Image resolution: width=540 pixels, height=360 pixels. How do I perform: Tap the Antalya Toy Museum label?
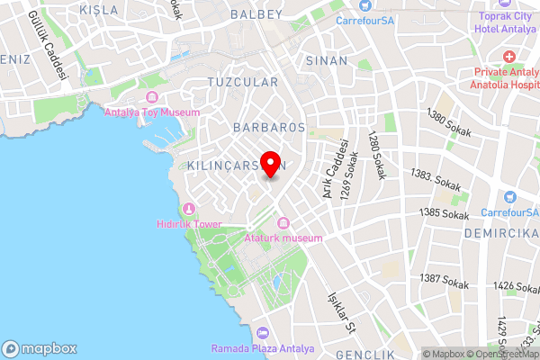click(152, 112)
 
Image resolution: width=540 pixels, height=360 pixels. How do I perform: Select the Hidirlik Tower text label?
click(189, 224)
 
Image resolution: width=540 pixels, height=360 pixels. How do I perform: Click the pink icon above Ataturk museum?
click(283, 223)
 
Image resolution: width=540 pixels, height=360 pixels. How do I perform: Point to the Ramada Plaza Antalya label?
click(263, 348)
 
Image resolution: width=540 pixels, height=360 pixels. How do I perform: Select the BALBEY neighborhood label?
click(256, 15)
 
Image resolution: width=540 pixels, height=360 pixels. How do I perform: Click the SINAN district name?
click(327, 61)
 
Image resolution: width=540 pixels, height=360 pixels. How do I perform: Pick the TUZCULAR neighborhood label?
click(243, 82)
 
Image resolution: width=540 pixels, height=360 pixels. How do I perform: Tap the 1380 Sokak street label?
click(450, 117)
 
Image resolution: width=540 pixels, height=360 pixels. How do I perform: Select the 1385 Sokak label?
click(445, 214)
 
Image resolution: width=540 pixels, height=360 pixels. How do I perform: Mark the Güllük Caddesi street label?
click(49, 45)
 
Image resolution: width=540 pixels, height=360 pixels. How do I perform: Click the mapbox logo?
click(40, 349)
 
